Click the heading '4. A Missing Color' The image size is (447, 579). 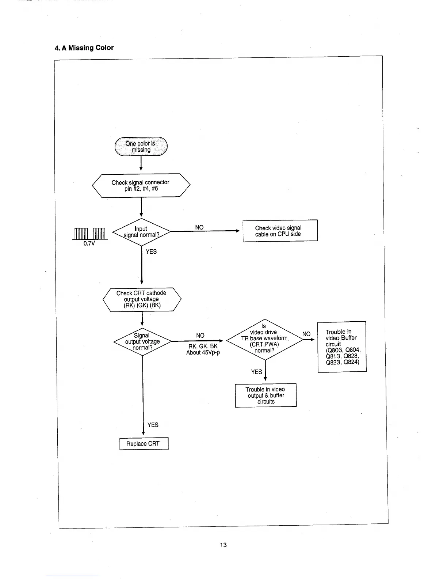coord(84,48)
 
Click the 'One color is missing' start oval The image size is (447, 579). coord(141,147)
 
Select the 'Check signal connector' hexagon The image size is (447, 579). coord(141,185)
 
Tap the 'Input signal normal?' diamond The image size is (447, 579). coord(141,232)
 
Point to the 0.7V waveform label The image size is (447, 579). coord(89,243)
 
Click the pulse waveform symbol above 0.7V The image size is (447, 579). coord(90,233)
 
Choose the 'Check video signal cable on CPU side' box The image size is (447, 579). coord(280,231)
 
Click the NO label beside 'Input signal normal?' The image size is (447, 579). coord(199,227)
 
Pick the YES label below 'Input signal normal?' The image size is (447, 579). coord(151,251)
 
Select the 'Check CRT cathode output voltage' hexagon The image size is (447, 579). coord(142,299)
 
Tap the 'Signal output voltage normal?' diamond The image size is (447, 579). coord(142,341)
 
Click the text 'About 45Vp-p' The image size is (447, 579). coord(203,352)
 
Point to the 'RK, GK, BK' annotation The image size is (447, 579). coord(203,346)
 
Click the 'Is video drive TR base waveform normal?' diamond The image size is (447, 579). coord(264,339)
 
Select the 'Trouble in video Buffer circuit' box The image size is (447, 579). coord(342,347)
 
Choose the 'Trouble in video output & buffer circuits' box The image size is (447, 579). coord(265,396)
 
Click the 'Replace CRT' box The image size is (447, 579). coord(144,444)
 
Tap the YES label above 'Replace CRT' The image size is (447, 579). coord(153,425)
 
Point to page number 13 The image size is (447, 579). coord(223,545)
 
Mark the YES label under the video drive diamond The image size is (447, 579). coord(256,372)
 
